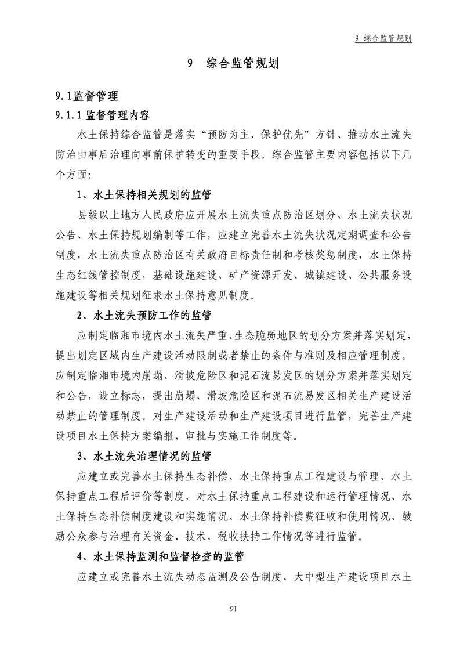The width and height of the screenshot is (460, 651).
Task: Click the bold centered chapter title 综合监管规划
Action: pos(242,64)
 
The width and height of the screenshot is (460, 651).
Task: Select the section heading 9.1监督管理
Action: pos(86,96)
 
